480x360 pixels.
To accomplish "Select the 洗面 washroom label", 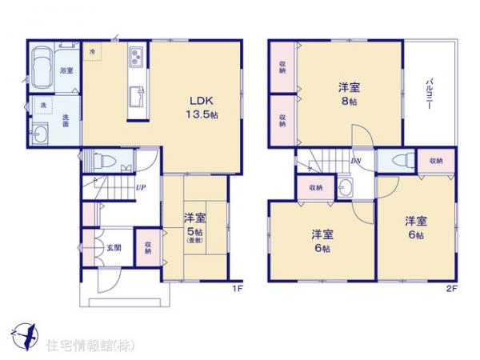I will point(66,120).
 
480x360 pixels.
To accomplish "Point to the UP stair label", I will point(140,188).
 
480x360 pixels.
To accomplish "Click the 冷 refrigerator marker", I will point(94,52).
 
